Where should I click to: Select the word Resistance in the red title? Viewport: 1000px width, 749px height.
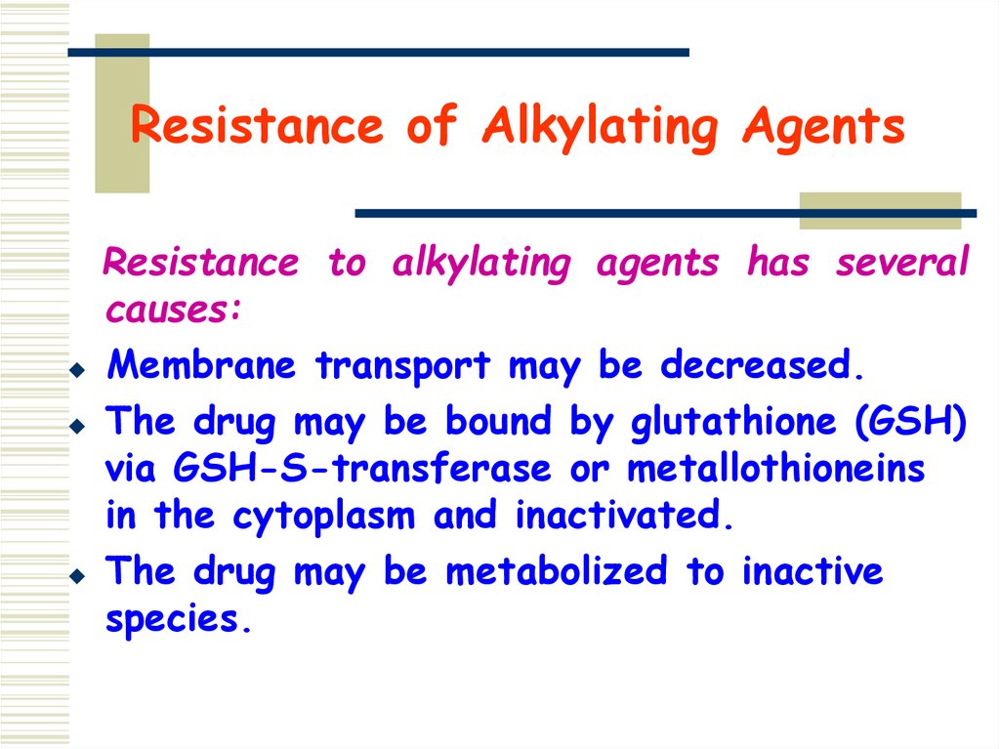point(257,127)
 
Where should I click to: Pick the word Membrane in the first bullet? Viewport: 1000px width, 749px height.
point(201,366)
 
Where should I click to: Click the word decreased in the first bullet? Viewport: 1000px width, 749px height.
point(756,366)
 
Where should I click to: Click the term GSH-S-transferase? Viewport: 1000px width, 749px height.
point(360,469)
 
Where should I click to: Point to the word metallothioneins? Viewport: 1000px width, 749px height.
point(775,469)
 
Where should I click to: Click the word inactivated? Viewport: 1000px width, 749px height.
point(619,517)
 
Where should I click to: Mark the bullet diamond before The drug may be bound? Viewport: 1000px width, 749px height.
point(77,427)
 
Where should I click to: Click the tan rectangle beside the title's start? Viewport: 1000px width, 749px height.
point(122,112)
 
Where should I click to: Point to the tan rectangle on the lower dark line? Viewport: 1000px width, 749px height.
point(879,211)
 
